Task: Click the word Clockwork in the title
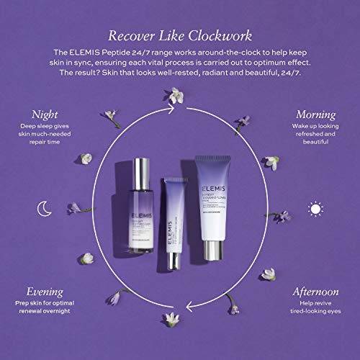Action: point(220,36)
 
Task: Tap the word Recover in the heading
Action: point(132,36)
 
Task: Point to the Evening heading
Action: point(46,293)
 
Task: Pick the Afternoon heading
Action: point(315,293)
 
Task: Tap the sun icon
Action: point(315,210)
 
